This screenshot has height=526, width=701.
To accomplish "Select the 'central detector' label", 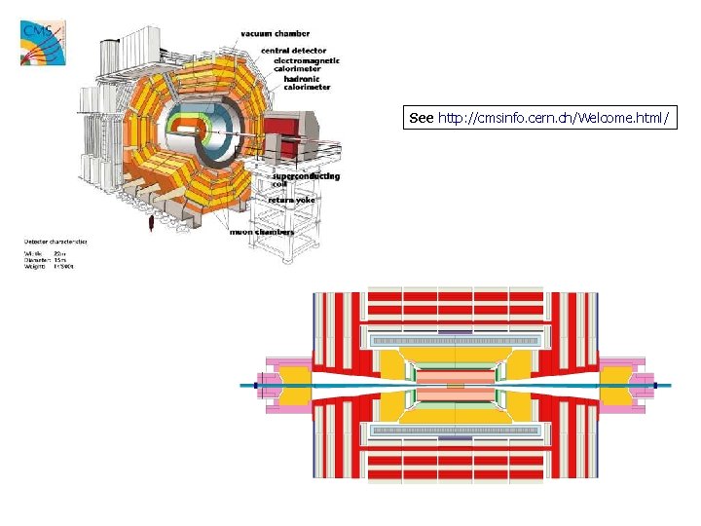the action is coord(295,50).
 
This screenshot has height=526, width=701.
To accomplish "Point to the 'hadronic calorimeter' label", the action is coord(301,82).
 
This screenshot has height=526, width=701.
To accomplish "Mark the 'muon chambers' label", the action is coord(262,232).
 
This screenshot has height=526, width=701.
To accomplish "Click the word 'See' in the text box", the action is coord(421,118).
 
